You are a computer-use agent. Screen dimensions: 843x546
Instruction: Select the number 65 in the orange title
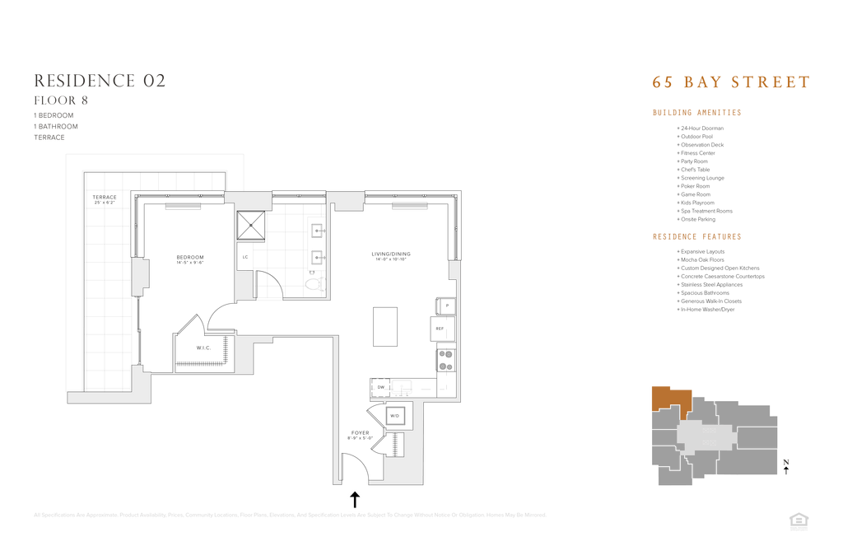coord(661,82)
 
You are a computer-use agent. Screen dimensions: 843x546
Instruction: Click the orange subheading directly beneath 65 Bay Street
coord(696,112)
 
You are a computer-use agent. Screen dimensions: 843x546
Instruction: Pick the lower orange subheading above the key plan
coord(696,237)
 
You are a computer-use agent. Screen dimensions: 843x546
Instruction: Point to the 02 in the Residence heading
coord(154,81)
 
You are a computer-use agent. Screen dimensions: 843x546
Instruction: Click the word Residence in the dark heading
coord(83,81)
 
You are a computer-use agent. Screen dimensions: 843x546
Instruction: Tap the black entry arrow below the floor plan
coord(355,499)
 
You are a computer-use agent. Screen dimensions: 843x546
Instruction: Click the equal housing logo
coord(798,520)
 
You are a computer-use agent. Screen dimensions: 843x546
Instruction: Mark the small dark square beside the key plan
coord(785,462)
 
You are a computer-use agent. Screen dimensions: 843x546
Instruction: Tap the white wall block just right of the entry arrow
coord(403,469)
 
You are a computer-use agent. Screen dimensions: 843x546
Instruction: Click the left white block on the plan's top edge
coord(249,198)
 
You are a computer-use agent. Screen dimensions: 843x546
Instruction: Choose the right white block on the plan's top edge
coord(346,198)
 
